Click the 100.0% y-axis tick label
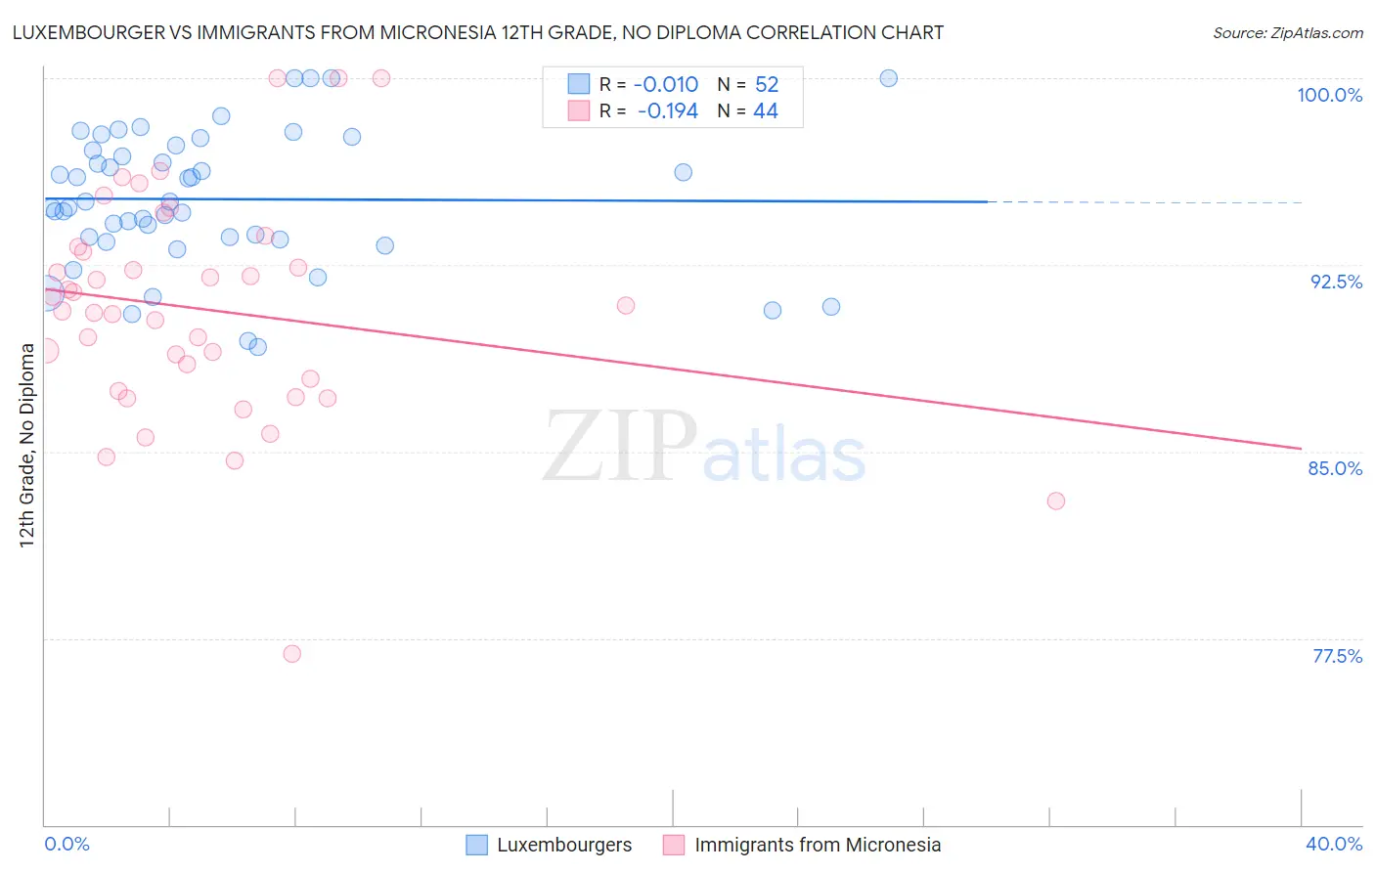point(1329,95)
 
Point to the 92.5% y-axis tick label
point(1336,282)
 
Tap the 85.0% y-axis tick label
point(1335,468)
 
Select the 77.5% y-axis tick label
point(1337,656)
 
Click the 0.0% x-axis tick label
point(67,844)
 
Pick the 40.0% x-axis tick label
point(1333,844)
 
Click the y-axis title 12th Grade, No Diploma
point(26,445)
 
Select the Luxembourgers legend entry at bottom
point(550,845)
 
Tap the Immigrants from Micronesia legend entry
point(802,845)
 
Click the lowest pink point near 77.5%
point(291,654)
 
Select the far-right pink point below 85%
point(1056,501)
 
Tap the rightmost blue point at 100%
point(889,78)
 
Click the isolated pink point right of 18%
point(626,306)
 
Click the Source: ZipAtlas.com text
point(1287,33)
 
